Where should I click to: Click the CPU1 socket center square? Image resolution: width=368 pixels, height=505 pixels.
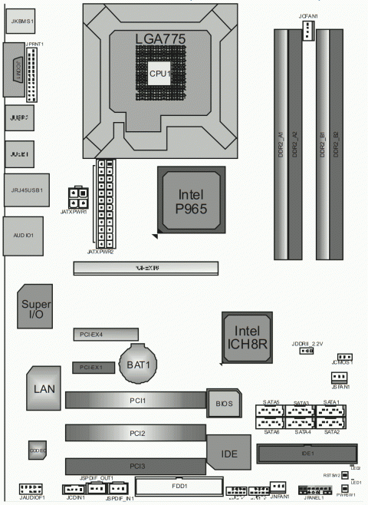pyautogui.click(x=159, y=73)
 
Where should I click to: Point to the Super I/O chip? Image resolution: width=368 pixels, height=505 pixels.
pyautogui.click(x=34, y=308)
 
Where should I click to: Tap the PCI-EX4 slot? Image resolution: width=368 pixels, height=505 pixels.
pyautogui.click(x=105, y=335)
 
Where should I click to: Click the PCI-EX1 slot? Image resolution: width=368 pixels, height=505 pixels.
pyautogui.click(x=94, y=368)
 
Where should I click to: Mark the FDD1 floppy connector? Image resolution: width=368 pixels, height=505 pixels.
pyautogui.click(x=179, y=486)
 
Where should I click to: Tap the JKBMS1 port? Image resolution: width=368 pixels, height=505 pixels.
pyautogui.click(x=21, y=22)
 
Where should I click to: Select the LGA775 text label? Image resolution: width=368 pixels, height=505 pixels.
pyautogui.click(x=160, y=38)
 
